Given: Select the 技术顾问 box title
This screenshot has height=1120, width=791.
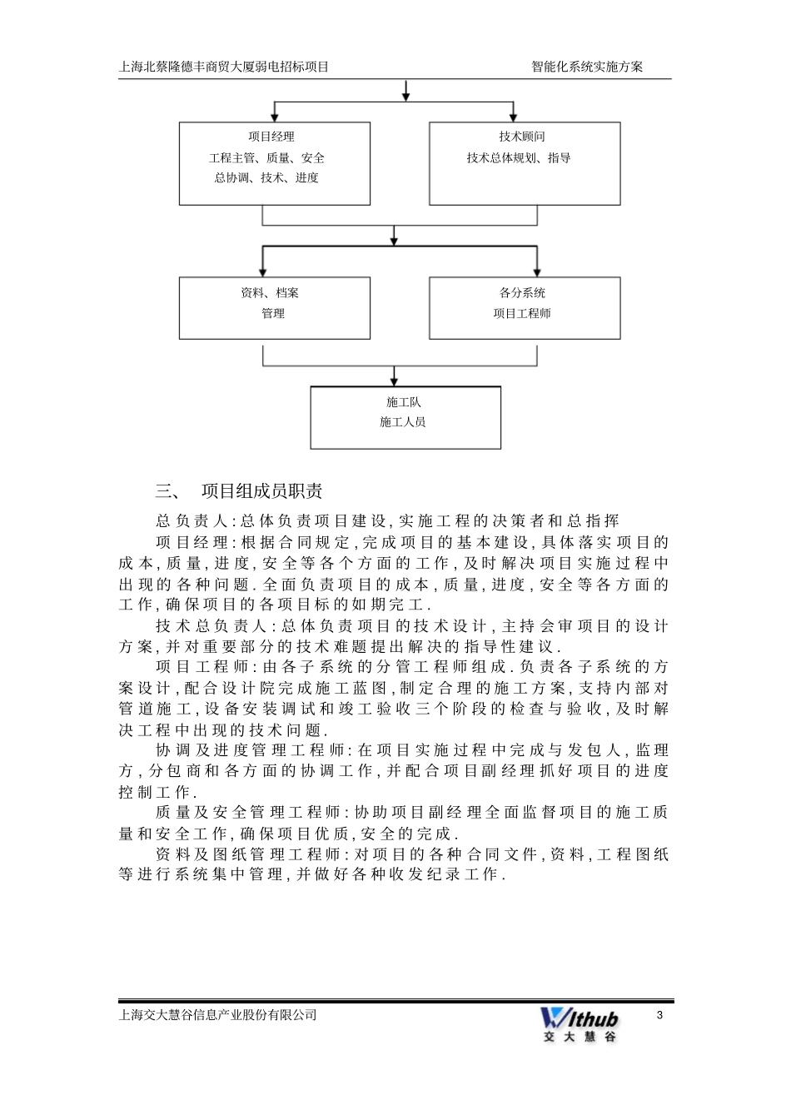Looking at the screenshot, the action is pyautogui.click(x=522, y=137).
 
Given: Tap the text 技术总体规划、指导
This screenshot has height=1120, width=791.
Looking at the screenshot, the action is pyautogui.click(x=519, y=157).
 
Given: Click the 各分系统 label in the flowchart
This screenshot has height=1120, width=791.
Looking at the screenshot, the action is pyautogui.click(x=522, y=293).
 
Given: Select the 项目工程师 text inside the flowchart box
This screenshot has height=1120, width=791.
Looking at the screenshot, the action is pyautogui.click(x=522, y=314).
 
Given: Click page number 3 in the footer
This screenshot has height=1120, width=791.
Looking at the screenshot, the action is pyautogui.click(x=659, y=1015).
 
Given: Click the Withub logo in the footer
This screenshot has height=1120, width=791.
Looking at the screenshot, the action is pyautogui.click(x=580, y=1023).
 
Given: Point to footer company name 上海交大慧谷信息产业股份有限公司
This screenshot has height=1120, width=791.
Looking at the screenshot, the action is pyautogui.click(x=219, y=1015).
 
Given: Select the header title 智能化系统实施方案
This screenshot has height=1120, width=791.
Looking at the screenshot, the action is pyautogui.click(x=587, y=67).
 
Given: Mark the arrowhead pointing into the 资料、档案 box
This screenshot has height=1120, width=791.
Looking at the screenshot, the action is pyautogui.click(x=263, y=271).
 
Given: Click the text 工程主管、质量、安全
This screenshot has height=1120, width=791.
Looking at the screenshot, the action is pyautogui.click(x=266, y=157).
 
